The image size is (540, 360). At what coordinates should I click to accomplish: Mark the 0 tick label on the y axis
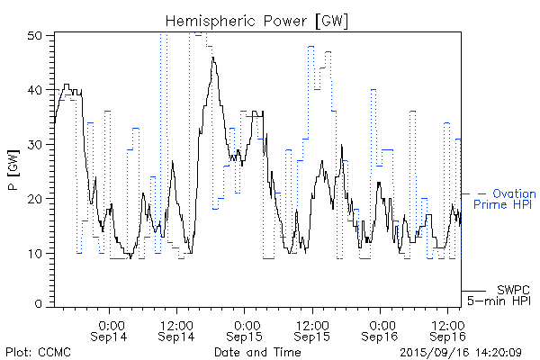(40, 304)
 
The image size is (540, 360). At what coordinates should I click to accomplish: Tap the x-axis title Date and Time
(257, 351)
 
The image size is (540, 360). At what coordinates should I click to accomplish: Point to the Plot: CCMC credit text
(38, 351)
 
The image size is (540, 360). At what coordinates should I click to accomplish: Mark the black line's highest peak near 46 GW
(213, 58)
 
